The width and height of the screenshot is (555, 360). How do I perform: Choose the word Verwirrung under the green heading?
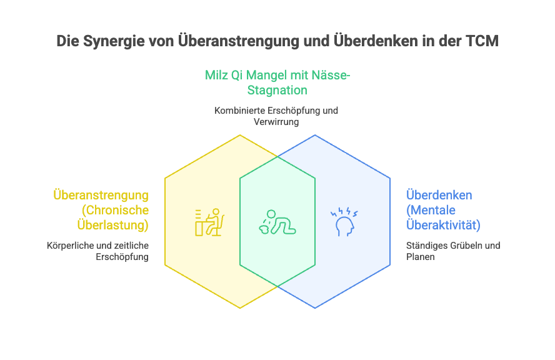pos(276,122)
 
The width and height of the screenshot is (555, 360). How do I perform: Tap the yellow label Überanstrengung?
pos(101,196)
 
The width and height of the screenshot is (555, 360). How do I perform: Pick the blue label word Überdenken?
pos(439,195)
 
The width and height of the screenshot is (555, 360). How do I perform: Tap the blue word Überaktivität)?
pos(443,224)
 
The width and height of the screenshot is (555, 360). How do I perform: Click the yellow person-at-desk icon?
pos(209,221)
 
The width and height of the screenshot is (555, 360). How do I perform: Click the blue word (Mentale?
pos(432,209)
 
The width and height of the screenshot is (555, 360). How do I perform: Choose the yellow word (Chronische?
pos(116,209)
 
